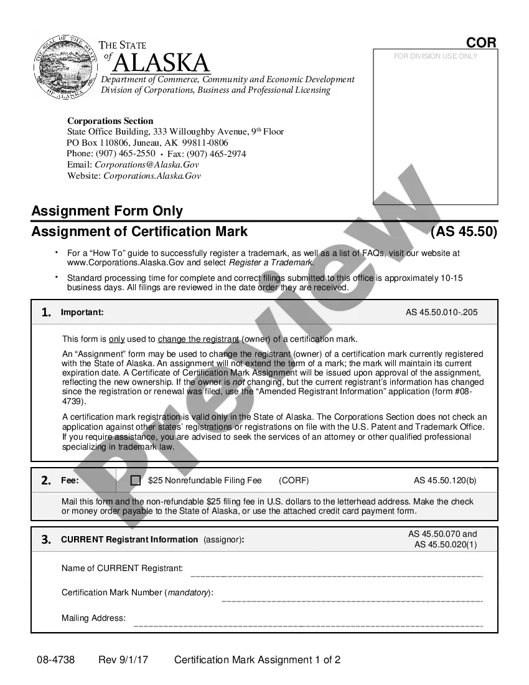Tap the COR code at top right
click(x=482, y=42)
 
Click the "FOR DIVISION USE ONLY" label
click(x=436, y=56)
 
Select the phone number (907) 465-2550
click(x=125, y=153)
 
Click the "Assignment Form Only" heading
click(x=107, y=210)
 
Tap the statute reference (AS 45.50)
click(x=464, y=232)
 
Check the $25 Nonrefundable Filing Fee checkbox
click(x=136, y=481)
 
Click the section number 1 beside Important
click(x=46, y=313)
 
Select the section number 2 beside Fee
click(x=46, y=481)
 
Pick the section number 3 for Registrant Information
click(x=46, y=540)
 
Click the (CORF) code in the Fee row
click(x=294, y=481)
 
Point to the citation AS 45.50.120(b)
click(x=445, y=481)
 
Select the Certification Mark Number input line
click(x=352, y=600)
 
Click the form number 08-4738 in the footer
click(x=55, y=660)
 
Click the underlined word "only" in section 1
click(x=116, y=339)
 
